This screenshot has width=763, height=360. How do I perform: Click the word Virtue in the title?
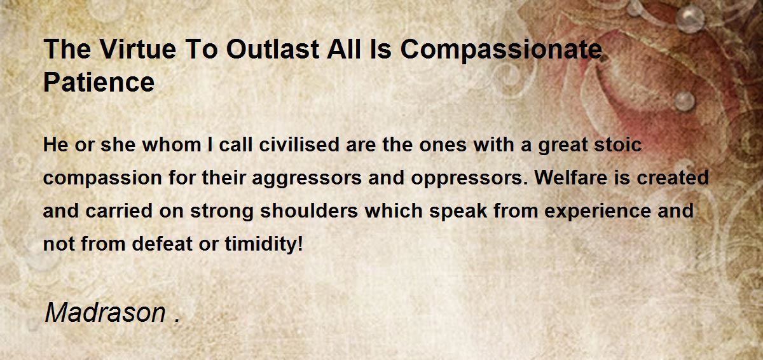click(x=137, y=49)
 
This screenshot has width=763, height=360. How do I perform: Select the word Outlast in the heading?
click(x=272, y=49)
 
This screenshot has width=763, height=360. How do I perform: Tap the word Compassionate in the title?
click(x=501, y=50)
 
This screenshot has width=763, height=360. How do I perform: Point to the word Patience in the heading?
click(x=99, y=82)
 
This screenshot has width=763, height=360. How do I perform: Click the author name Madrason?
click(x=106, y=312)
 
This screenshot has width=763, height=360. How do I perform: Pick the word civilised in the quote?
click(x=299, y=144)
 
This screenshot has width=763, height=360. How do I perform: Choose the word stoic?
click(x=618, y=144)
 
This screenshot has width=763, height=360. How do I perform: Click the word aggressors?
click(x=306, y=179)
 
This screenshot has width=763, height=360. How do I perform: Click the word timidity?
click(x=261, y=244)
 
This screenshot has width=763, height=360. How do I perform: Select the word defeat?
click(x=163, y=244)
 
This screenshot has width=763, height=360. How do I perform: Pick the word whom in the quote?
click(x=171, y=144)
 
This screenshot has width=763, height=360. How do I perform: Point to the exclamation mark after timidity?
click(x=299, y=244)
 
